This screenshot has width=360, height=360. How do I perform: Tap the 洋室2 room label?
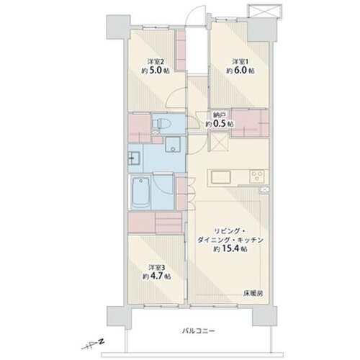coord(156,62)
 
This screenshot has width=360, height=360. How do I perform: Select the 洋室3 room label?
coord(157,268)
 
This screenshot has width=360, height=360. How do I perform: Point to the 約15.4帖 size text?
coord(230,249)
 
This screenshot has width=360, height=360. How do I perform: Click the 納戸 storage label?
coord(217,115)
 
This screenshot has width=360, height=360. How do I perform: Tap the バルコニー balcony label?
coord(198,331)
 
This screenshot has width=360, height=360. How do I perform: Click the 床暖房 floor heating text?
coord(253,293)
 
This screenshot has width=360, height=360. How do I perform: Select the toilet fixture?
coord(162,124)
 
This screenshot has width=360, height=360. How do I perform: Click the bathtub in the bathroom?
coord(141,192)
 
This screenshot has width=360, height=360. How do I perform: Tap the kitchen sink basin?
coord(221,177)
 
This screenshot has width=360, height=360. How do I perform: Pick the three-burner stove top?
coord(257,175)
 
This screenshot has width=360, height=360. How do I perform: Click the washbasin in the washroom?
coord(135,158)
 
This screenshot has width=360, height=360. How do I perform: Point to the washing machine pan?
coord(173,145)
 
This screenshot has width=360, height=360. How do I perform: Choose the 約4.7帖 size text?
coord(157,276)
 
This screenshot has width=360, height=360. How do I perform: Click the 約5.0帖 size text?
coord(156,71)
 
